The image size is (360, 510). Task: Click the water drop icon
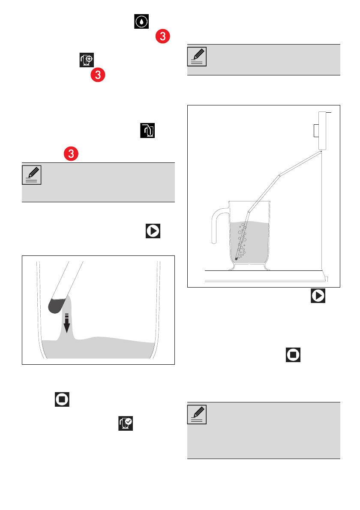click(x=141, y=21)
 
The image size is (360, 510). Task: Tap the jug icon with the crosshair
click(x=87, y=60)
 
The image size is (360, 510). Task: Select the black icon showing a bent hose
click(x=147, y=130)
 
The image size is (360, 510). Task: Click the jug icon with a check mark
click(x=126, y=423)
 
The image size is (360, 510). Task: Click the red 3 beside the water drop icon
click(x=162, y=36)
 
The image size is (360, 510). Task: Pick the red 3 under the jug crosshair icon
click(x=98, y=75)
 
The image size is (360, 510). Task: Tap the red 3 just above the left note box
click(x=71, y=153)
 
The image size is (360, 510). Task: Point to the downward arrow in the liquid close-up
click(x=67, y=323)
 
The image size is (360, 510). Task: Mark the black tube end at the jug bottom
click(x=237, y=259)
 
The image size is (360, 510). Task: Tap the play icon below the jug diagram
click(x=318, y=296)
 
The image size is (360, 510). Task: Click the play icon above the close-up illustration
click(x=153, y=231)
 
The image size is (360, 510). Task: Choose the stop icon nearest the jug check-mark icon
click(x=62, y=399)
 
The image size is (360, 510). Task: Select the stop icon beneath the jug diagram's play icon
click(x=293, y=354)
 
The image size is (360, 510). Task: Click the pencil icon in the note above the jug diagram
click(x=197, y=57)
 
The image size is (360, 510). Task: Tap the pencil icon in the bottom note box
click(x=197, y=414)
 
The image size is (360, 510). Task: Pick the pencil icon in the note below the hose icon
click(x=32, y=175)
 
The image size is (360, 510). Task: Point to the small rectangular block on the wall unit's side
click(x=316, y=131)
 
